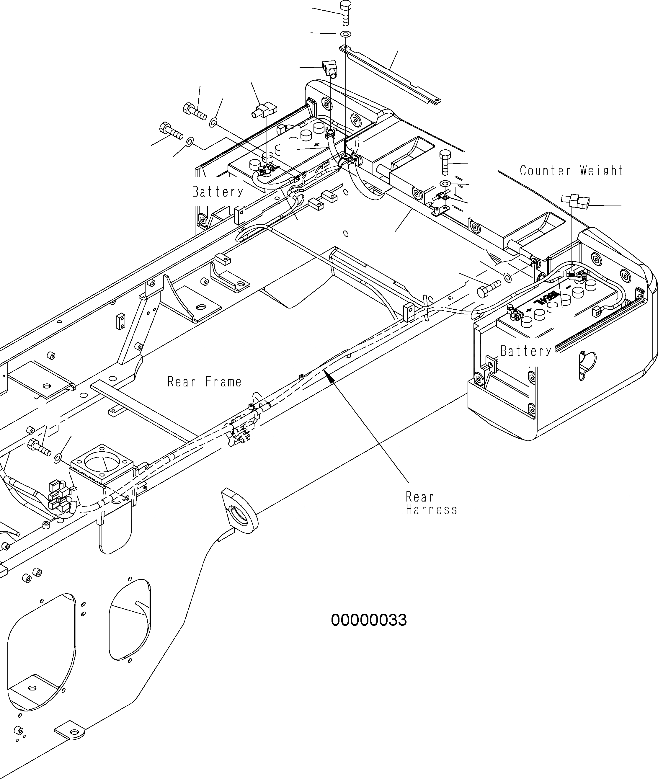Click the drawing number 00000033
coord(368,620)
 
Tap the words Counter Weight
coord(571,171)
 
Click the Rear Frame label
coord(204,382)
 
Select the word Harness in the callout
coord(432,510)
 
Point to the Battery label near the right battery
coord(525,351)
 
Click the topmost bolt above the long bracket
coord(345,13)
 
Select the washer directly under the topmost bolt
coord(346,34)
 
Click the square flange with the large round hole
coord(102,464)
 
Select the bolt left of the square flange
coord(39,448)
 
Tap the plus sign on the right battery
coord(528,310)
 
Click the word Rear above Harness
coord(420,497)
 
